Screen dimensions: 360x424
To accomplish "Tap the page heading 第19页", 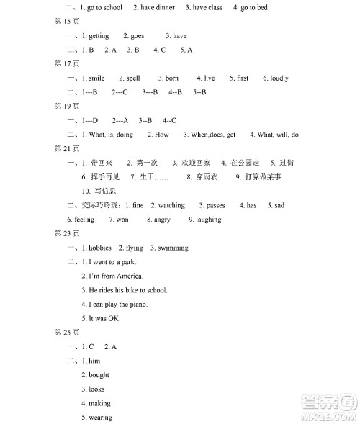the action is (x=65, y=106).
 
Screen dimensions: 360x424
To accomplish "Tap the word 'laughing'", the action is (x=208, y=220).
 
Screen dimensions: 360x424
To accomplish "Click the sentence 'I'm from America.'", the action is (x=116, y=276).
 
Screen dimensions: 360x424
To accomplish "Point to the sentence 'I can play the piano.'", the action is (x=118, y=305).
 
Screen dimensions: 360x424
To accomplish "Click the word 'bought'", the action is (x=99, y=375).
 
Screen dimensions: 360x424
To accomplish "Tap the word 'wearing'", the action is (x=100, y=418).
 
